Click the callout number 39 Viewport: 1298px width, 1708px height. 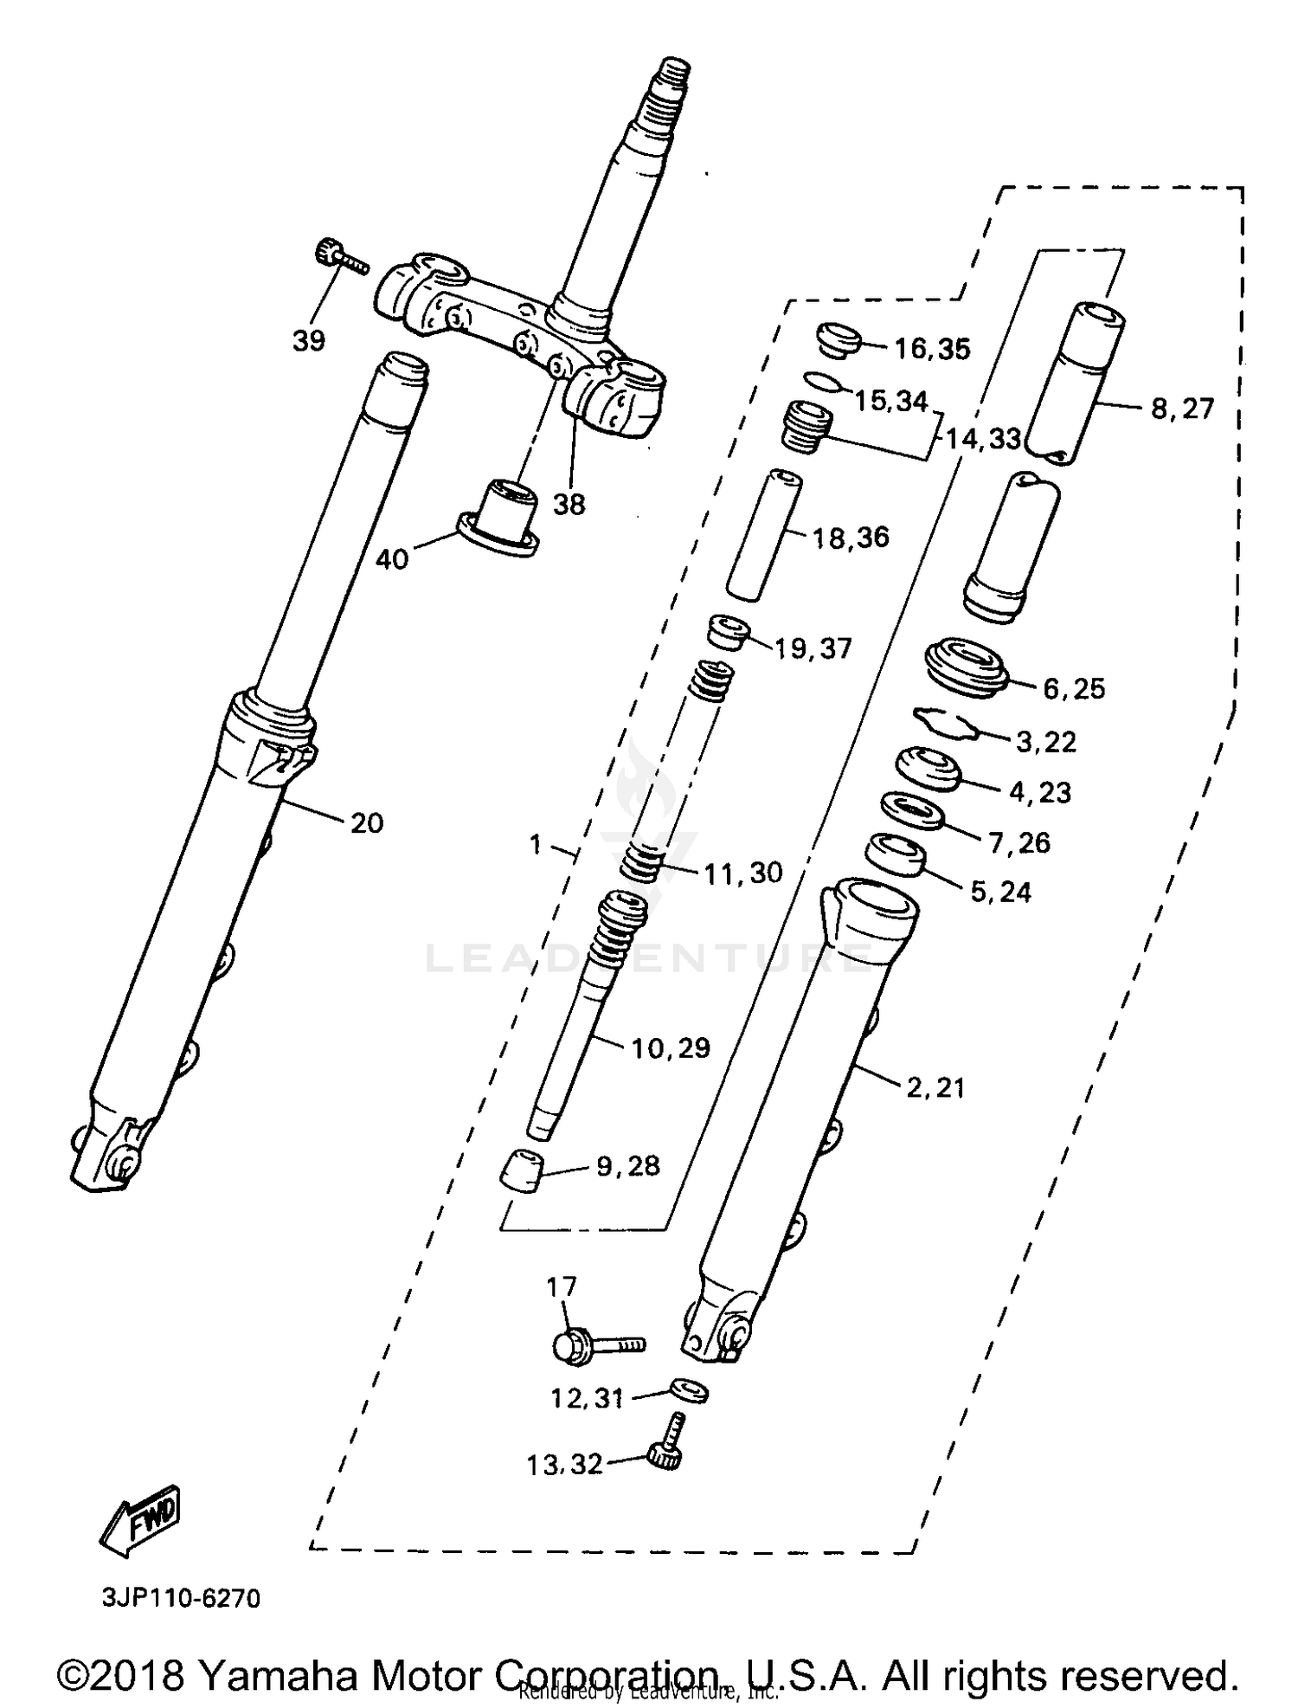(309, 341)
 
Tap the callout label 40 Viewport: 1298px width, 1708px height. (392, 559)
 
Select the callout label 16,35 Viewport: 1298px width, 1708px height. (932, 349)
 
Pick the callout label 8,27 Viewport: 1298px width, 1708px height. (1182, 409)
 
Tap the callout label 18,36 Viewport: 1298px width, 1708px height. (851, 538)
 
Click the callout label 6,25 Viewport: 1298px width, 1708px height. (1074, 689)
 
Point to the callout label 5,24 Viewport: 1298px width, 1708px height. (1001, 892)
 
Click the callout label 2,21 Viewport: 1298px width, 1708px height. (935, 1087)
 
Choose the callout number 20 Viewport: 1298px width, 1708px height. (367, 822)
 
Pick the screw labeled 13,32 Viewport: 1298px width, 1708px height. (669, 1447)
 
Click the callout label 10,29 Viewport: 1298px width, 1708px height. (671, 1048)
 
